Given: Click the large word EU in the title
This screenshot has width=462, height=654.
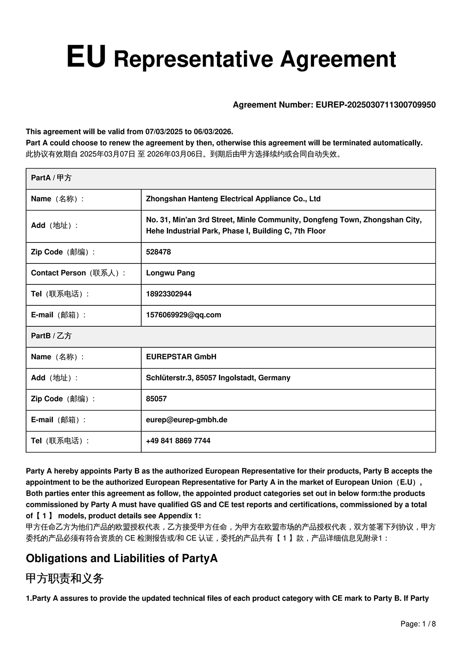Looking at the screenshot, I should point(86,57).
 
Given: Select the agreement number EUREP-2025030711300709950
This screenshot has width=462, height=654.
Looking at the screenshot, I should point(376,105).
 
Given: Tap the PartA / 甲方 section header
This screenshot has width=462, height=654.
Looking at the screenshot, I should point(51,178).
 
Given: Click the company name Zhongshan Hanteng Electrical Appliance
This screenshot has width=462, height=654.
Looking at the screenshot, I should point(233,199).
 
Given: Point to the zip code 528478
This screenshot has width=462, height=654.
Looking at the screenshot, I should point(158,252).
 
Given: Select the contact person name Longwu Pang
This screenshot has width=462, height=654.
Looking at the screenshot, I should point(170,273).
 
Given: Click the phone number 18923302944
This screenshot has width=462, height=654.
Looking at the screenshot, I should point(169,294).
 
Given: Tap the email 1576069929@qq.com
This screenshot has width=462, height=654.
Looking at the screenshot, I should point(184,315).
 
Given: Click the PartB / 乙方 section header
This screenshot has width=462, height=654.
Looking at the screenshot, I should point(51,336).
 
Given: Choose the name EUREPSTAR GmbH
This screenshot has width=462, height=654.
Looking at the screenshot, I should point(181,357).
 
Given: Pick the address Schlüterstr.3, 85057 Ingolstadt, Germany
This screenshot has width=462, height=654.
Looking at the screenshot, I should point(218,378).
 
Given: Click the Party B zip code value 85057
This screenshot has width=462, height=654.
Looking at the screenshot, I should point(156,399).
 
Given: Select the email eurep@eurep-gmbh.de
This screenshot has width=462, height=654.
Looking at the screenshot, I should point(187,420).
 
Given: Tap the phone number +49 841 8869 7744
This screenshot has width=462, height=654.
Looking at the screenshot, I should point(178,441).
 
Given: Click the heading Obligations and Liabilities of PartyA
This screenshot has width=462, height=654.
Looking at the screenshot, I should point(121,559).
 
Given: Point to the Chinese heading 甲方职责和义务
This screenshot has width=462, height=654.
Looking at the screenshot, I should point(65,579).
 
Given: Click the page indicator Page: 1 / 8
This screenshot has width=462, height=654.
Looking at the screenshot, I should point(418,624).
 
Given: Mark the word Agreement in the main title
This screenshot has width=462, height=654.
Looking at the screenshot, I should point(338,59).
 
